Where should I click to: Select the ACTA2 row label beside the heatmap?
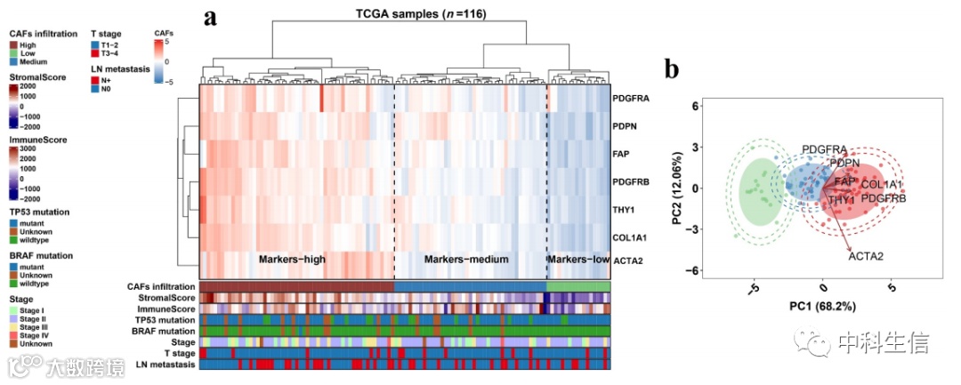(628, 260)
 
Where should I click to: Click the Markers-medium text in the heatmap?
(466, 260)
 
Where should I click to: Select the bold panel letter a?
(211, 18)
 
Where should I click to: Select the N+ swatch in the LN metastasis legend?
(94, 80)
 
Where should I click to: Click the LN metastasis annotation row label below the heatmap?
(165, 365)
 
